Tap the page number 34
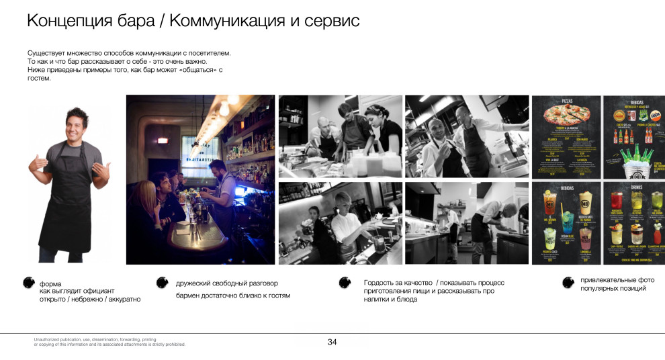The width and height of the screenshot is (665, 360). click(332, 342)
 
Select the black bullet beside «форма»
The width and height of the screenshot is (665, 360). click(30, 283)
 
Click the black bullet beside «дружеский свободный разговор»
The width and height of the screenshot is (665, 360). click(162, 283)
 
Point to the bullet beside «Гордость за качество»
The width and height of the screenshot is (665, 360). click(345, 283)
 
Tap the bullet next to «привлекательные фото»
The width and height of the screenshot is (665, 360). click(568, 283)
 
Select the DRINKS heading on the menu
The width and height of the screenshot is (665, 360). click(633, 187)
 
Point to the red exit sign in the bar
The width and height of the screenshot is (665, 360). click(162, 140)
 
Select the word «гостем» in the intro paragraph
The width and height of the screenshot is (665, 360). click(39, 79)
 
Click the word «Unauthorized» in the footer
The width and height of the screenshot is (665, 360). click(46, 340)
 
